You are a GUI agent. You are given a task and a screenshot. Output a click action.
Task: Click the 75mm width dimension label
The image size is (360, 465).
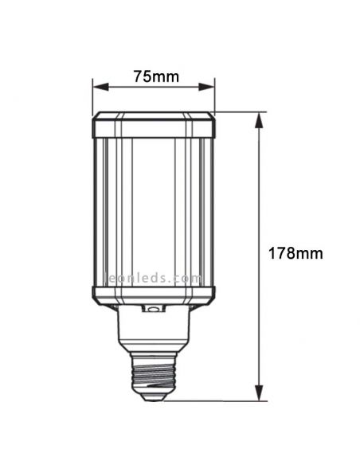click(156, 76)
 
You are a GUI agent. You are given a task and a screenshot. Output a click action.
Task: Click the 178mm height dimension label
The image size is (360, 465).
click(295, 253)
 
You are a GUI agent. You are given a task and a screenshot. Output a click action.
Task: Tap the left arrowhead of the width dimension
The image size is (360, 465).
click(100, 87)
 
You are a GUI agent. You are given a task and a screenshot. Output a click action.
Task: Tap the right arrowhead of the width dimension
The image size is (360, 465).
click(206, 87)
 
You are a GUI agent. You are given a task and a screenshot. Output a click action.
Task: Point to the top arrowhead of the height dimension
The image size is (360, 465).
click(259, 120)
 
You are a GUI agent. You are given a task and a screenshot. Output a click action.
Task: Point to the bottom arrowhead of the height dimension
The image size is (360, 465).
click(259, 393)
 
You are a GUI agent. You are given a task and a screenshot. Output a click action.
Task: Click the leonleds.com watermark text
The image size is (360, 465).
click(154, 278)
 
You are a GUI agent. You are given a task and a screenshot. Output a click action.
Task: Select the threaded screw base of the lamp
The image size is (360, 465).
click(154, 374)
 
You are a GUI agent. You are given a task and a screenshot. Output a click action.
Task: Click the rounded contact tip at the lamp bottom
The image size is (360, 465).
click(154, 397)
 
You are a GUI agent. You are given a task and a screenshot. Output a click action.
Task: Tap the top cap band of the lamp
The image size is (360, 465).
click(154, 125)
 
